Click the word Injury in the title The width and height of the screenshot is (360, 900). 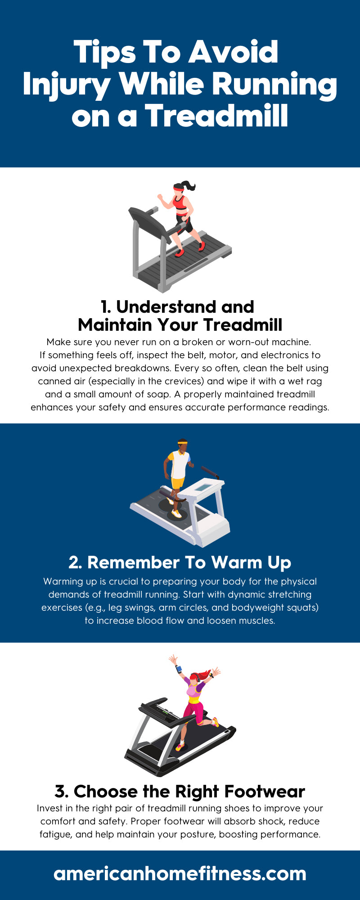point(66,85)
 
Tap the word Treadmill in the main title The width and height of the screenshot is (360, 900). point(216,116)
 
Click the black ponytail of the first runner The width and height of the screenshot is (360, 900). point(189,185)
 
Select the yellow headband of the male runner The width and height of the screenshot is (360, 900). point(182,443)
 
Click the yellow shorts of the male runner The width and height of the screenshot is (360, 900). point(178,483)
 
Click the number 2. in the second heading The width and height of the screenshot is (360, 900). point(76,562)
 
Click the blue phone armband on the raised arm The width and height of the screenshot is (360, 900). point(179,669)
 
